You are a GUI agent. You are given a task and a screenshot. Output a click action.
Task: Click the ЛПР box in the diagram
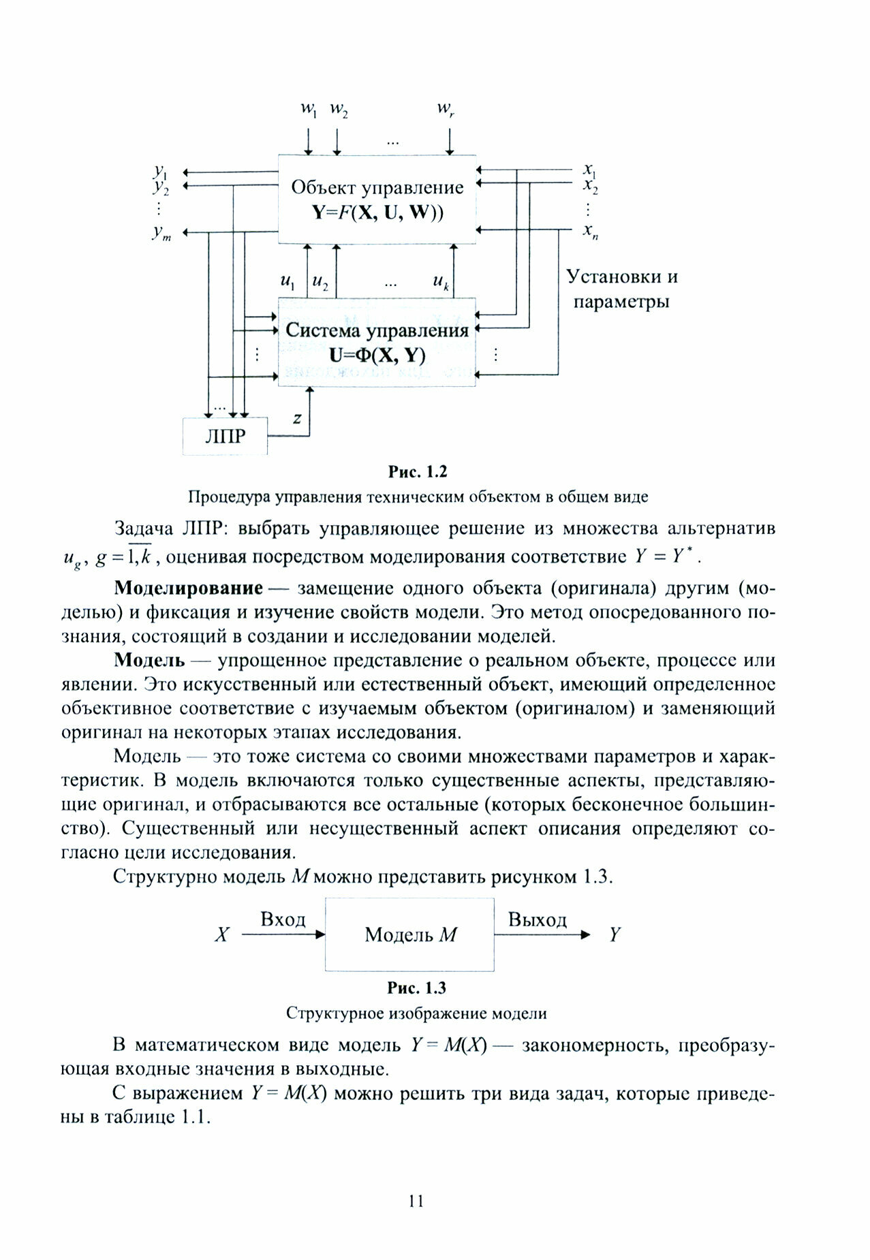(225, 436)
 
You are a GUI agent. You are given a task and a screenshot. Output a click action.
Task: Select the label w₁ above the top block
(309, 110)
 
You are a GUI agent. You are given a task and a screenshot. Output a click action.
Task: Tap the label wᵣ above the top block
(446, 110)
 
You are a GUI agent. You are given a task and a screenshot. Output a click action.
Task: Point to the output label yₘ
(161, 233)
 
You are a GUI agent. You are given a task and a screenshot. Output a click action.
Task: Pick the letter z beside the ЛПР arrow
(297, 418)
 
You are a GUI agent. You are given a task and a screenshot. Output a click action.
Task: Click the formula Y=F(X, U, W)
(377, 212)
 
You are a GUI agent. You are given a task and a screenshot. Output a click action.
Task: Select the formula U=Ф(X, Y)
(377, 355)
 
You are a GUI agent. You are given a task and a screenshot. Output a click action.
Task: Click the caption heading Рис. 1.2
(417, 471)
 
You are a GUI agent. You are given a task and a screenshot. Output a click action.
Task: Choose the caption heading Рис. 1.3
(416, 988)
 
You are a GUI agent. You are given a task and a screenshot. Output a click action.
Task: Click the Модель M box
(409, 934)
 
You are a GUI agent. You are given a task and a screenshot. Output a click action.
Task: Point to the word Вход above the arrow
(283, 919)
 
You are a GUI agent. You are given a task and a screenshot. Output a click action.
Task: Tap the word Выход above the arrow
(537, 920)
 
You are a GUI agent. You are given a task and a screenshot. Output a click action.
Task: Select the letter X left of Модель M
(221, 934)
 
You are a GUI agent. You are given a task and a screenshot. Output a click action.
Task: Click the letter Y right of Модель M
(615, 934)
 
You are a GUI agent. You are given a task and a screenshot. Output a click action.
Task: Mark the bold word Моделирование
(188, 587)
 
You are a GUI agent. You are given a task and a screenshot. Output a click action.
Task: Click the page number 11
(416, 1201)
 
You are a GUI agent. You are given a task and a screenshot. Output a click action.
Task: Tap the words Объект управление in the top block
(377, 187)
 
